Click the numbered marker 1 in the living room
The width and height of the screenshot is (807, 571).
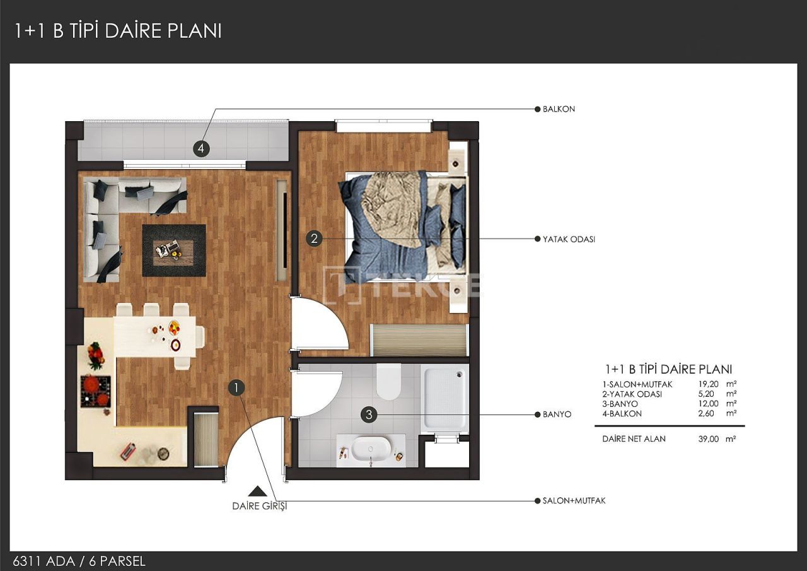(x=236, y=387)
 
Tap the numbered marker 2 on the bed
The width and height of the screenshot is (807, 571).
(x=314, y=238)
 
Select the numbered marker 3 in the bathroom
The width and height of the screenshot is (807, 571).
(x=369, y=415)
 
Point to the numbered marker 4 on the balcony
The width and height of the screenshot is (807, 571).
(x=200, y=149)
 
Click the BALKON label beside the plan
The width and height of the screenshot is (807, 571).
(x=559, y=109)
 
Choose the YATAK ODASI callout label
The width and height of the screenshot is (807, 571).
(x=569, y=240)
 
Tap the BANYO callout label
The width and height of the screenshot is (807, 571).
(x=557, y=415)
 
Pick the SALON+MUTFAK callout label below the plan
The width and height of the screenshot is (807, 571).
(x=574, y=500)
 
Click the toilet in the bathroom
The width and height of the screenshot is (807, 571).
(x=388, y=382)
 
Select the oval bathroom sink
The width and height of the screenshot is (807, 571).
(x=370, y=449)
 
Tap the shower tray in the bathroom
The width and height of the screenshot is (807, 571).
(x=445, y=399)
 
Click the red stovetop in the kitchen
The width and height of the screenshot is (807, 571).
(x=95, y=391)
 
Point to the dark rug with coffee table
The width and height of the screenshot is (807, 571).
(x=173, y=250)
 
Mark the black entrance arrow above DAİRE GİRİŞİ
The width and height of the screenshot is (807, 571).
(x=255, y=491)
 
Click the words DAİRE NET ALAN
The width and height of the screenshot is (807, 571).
(x=634, y=439)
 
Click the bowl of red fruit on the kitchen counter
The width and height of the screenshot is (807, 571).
(x=96, y=355)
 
